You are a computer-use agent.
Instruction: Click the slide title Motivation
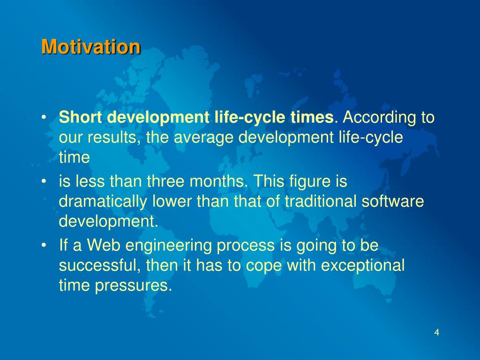click(91, 47)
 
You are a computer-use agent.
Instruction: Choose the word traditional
click(321, 201)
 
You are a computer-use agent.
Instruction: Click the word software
click(393, 201)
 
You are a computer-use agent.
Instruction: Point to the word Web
click(103, 245)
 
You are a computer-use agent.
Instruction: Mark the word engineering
click(168, 246)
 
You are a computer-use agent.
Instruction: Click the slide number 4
click(437, 332)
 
